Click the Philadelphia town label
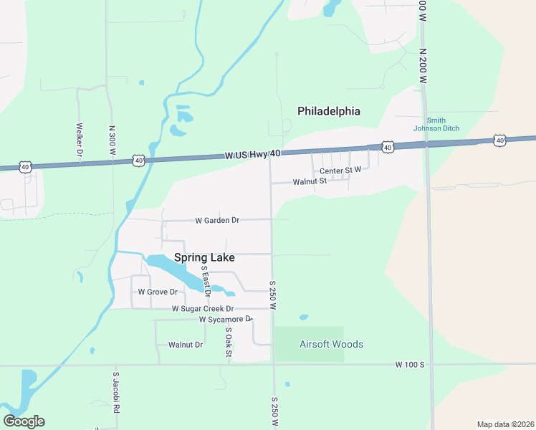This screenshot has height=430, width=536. (329, 111)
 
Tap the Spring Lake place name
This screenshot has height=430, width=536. (204, 257)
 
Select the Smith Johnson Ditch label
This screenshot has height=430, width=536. (436, 124)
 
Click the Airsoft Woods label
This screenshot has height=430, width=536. (332, 344)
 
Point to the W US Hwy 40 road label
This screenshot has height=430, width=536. (252, 154)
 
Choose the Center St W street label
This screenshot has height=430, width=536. (340, 171)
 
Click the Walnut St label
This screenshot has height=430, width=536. (310, 181)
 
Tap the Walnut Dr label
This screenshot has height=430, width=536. (186, 345)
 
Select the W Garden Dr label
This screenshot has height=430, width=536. (217, 220)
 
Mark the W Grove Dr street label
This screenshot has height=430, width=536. (158, 292)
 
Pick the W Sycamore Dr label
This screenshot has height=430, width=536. (226, 319)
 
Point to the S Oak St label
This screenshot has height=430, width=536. (229, 343)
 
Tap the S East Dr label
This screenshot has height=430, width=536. (206, 281)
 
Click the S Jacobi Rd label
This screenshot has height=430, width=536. (115, 393)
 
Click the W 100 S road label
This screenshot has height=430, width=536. (410, 365)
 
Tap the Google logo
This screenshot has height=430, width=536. (24, 421)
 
